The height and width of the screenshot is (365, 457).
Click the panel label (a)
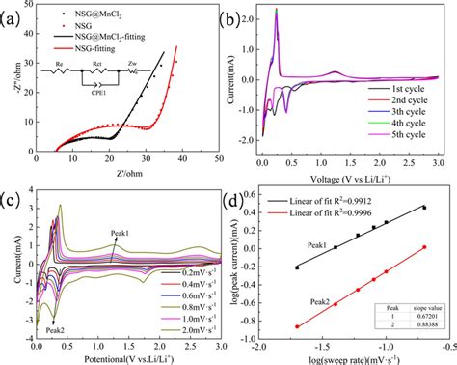tap(14, 14)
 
